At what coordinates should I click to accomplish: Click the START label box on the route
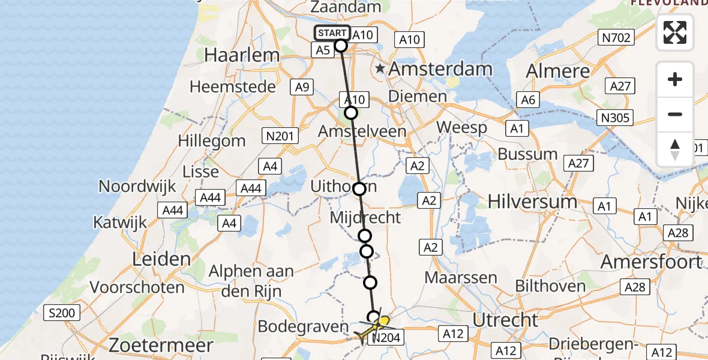point(332,33)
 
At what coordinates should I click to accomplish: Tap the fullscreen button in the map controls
point(675,32)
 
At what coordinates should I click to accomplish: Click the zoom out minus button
point(675,114)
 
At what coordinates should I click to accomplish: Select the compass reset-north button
point(675,149)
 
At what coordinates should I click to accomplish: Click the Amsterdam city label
point(440,69)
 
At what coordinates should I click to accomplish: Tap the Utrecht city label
point(505,320)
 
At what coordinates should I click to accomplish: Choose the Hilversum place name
point(533,201)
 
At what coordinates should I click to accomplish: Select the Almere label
point(558,71)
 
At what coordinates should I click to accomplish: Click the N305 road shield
point(617,117)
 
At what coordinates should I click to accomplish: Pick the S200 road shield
point(62,313)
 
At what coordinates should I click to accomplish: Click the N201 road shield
point(280,136)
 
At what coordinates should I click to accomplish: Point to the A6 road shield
point(527,100)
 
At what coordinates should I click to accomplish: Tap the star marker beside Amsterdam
point(380,69)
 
